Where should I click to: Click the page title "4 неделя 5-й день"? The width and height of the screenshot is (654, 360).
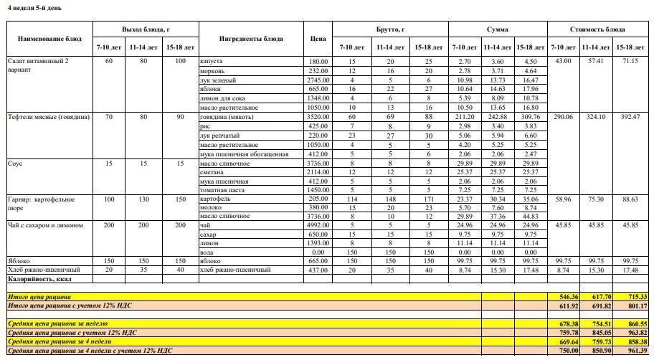[34, 8]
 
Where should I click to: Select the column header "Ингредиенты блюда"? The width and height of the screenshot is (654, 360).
[251, 39]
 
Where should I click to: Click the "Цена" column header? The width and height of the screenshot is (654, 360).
[318, 39]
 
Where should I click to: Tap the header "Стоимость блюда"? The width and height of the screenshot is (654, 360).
[597, 29]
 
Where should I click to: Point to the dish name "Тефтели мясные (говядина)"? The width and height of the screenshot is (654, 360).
[49, 117]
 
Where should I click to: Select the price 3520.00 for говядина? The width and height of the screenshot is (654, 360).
[318, 117]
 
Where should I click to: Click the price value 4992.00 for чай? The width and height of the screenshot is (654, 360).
[318, 225]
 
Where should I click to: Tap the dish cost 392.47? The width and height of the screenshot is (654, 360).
[630, 117]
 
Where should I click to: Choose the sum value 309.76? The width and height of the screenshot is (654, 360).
[530, 117]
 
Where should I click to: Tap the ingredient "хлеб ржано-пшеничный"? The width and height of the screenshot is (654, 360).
[236, 270]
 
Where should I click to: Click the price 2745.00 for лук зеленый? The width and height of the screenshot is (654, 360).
[318, 80]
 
